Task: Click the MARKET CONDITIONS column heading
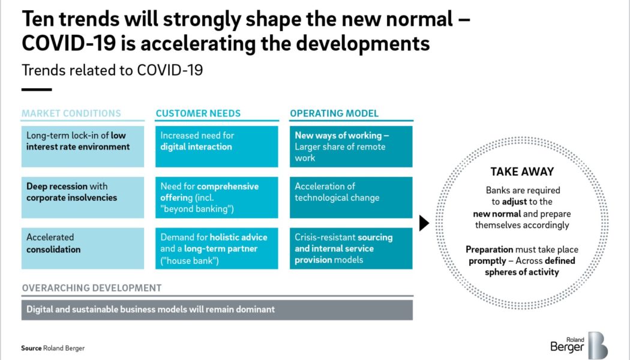(x=71, y=113)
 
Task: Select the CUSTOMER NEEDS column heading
(x=198, y=113)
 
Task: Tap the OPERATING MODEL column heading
(x=334, y=113)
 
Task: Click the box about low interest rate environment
(x=83, y=146)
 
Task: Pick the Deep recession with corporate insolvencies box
(x=83, y=197)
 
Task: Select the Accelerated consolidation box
(x=83, y=248)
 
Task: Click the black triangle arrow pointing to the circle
(x=424, y=223)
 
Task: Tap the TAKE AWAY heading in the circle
(x=521, y=172)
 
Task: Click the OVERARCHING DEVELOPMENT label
(x=92, y=288)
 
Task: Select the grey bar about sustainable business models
(x=217, y=310)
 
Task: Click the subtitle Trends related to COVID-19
(x=112, y=70)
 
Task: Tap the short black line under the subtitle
(x=37, y=89)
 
